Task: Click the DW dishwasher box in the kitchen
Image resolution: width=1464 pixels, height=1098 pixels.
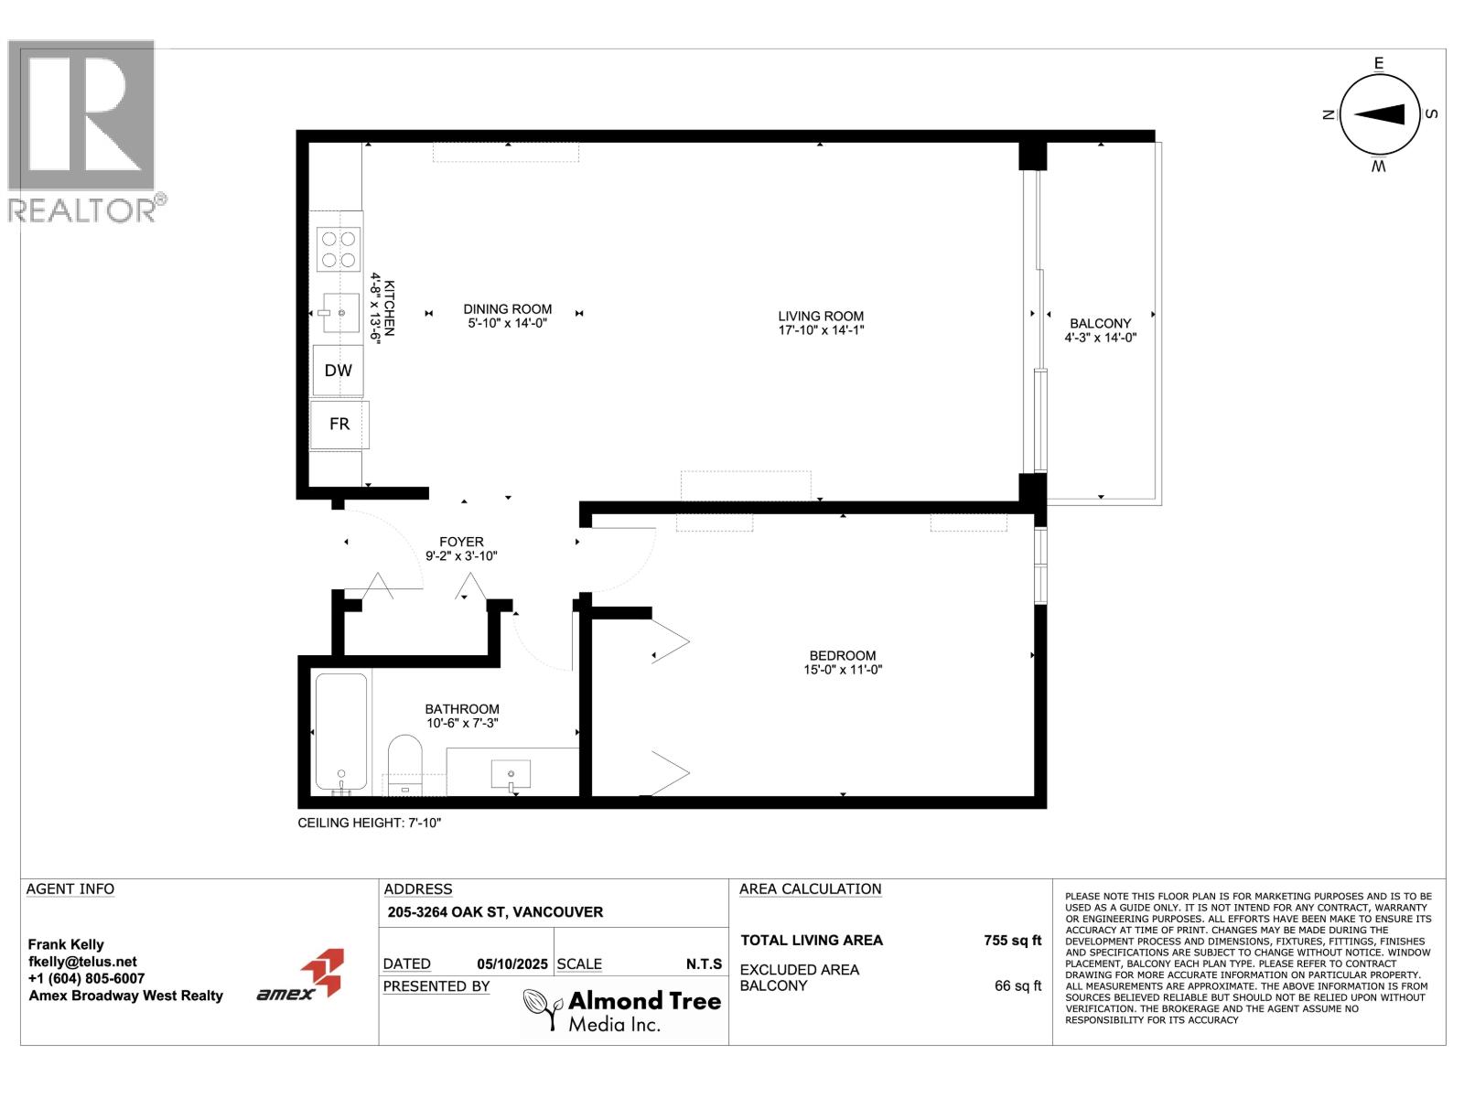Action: [x=339, y=370]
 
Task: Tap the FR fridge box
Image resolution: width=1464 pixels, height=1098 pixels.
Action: [x=339, y=424]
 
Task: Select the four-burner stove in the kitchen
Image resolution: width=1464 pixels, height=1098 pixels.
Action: [x=339, y=249]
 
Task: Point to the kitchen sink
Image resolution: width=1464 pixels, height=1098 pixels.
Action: [x=339, y=313]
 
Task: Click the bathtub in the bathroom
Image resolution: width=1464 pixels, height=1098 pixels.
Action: [x=340, y=732]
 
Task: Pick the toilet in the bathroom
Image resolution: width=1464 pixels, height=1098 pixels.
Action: [x=404, y=764]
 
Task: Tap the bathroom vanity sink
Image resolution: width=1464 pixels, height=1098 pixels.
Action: [x=511, y=776]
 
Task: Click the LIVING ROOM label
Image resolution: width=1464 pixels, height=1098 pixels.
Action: [x=821, y=316]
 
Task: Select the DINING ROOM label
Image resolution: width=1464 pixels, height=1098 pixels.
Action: [x=508, y=308]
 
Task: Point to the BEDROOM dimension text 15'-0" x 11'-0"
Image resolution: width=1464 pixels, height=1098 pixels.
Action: [x=843, y=670]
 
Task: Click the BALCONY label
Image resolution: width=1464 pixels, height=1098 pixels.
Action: [x=1101, y=323]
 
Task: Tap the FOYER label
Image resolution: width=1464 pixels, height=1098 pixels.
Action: [x=461, y=542]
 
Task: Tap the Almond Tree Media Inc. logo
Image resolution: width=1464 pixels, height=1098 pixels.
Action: [x=621, y=1010]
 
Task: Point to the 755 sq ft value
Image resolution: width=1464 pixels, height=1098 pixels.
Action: [x=1013, y=940]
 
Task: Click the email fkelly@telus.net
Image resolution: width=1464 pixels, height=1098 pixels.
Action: [x=82, y=962]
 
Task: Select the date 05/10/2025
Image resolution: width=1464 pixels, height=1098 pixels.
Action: [x=512, y=964]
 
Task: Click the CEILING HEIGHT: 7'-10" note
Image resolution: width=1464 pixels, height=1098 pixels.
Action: [x=370, y=823]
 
